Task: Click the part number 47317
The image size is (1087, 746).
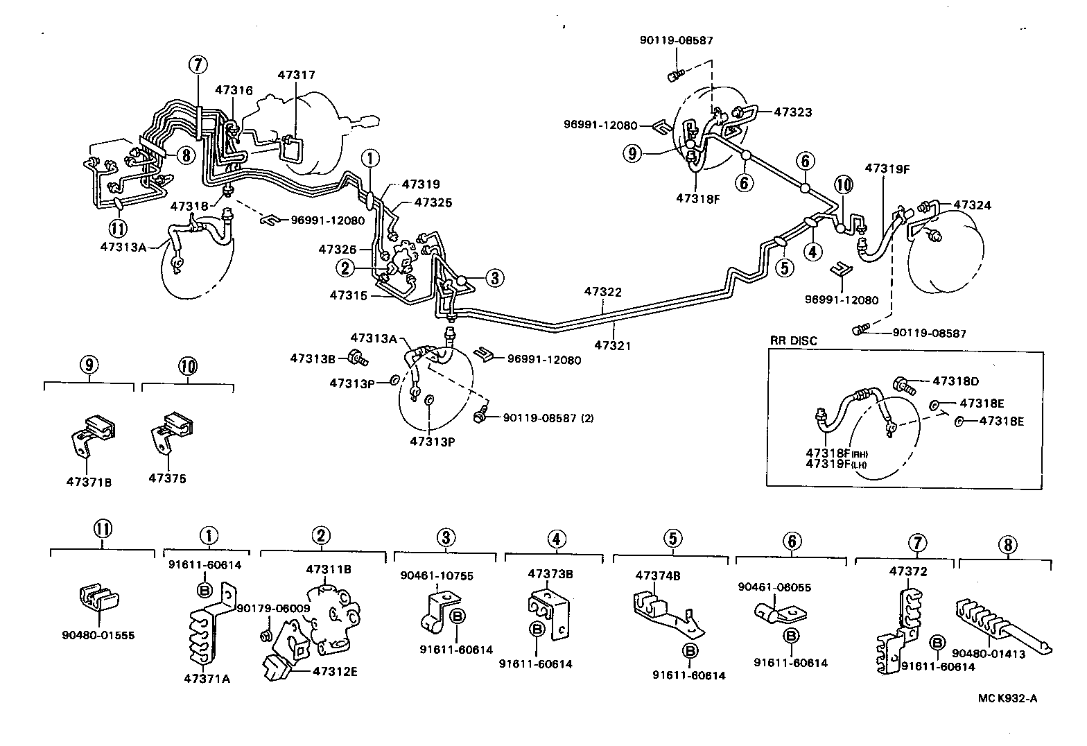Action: (x=297, y=74)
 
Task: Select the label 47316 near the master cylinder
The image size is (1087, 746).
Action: (x=234, y=89)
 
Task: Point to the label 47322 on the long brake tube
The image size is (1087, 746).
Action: (x=602, y=292)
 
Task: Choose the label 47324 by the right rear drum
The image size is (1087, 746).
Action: (x=973, y=205)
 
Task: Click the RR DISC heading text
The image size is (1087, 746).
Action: (x=794, y=340)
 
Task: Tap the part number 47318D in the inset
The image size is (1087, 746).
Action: (x=956, y=381)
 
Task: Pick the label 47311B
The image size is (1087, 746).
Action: (x=329, y=569)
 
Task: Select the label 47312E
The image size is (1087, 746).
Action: (x=335, y=670)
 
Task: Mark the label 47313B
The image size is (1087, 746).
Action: (x=313, y=358)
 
